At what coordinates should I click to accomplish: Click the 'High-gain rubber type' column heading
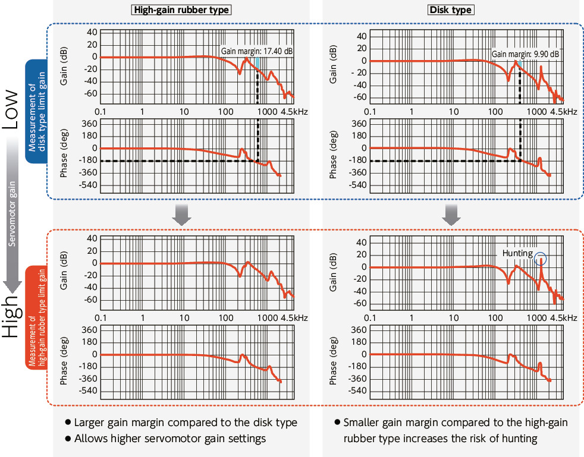pyautogui.click(x=182, y=10)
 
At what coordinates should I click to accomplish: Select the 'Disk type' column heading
pyautogui.click(x=450, y=10)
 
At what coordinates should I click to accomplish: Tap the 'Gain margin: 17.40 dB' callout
pyautogui.click(x=257, y=52)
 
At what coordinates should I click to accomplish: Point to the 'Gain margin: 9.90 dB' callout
pyautogui.click(x=525, y=54)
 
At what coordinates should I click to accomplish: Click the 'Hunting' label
pyautogui.click(x=517, y=253)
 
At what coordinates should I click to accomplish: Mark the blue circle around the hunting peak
pyautogui.click(x=540, y=259)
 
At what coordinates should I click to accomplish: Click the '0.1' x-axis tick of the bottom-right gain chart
pyautogui.click(x=370, y=319)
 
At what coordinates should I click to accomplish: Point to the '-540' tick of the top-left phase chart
pyautogui.click(x=87, y=185)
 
